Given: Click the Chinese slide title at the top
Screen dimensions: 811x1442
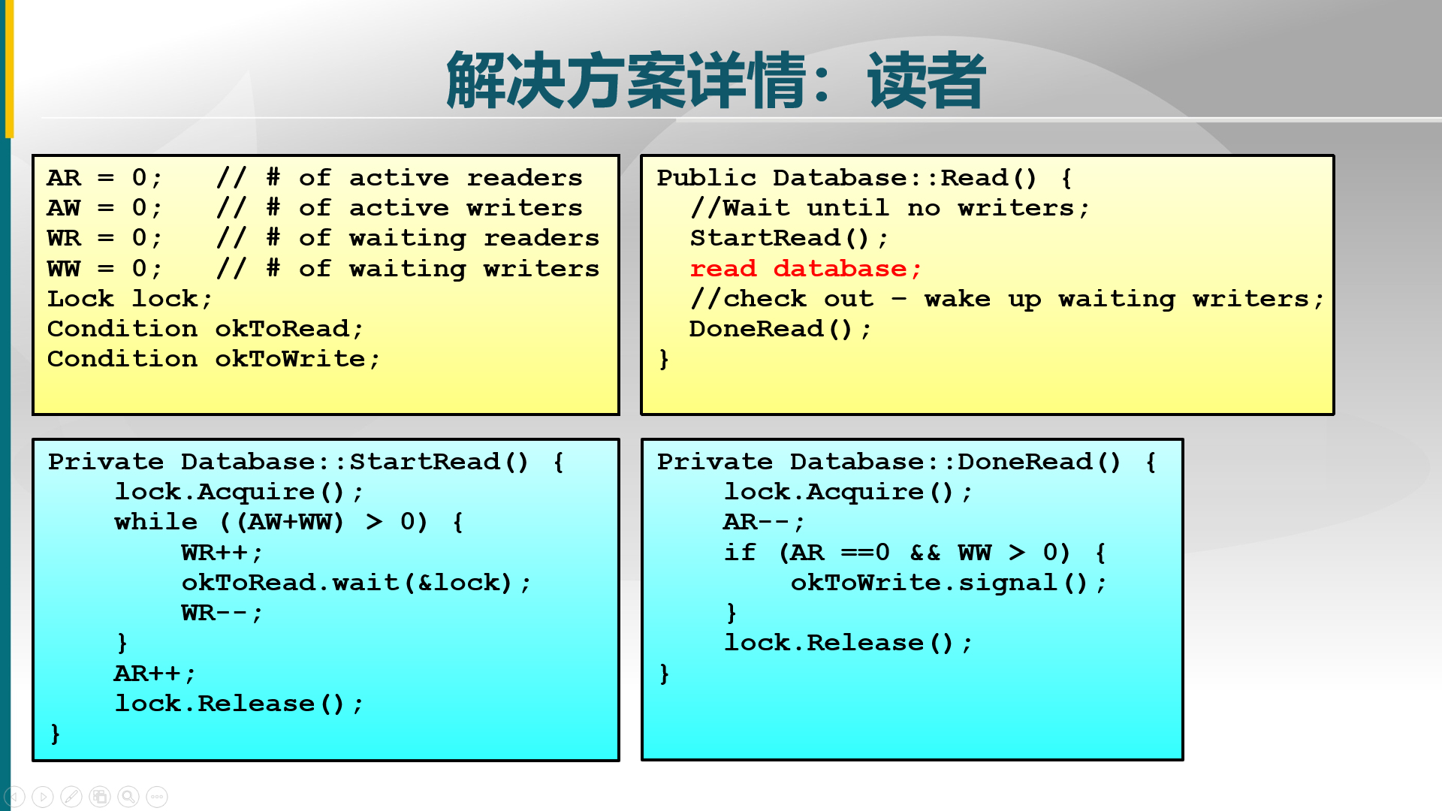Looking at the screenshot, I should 715,80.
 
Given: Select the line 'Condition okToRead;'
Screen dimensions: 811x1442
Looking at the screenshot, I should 205,329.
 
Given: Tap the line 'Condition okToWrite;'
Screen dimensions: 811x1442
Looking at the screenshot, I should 213,359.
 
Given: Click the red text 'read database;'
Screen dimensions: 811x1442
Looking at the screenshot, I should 805,269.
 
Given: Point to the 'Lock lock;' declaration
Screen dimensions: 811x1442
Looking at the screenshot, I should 129,299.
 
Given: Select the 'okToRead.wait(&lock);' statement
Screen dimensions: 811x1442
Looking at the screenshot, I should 355,583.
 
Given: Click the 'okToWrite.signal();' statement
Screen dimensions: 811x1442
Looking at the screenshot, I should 948,583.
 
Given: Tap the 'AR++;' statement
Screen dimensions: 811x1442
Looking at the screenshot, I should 154,674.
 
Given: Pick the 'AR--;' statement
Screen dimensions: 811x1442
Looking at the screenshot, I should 763,522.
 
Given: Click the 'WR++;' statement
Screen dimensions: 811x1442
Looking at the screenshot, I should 222,553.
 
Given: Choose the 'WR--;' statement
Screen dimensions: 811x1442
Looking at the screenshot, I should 222,613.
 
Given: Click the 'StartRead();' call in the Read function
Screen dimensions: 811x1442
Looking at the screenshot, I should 789,238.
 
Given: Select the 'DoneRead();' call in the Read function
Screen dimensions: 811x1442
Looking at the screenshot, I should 780,329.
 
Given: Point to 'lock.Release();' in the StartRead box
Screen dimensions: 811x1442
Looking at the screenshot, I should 238,704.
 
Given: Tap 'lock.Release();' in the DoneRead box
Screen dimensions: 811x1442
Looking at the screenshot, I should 847,643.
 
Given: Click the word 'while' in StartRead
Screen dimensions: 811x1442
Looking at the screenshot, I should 155,522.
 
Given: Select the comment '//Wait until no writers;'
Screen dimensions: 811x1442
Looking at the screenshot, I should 889,208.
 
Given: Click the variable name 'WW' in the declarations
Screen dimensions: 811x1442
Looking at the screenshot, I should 63,269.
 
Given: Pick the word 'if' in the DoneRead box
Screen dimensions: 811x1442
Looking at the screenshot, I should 740,553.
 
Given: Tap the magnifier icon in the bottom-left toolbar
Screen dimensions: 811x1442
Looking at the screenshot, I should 128,797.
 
